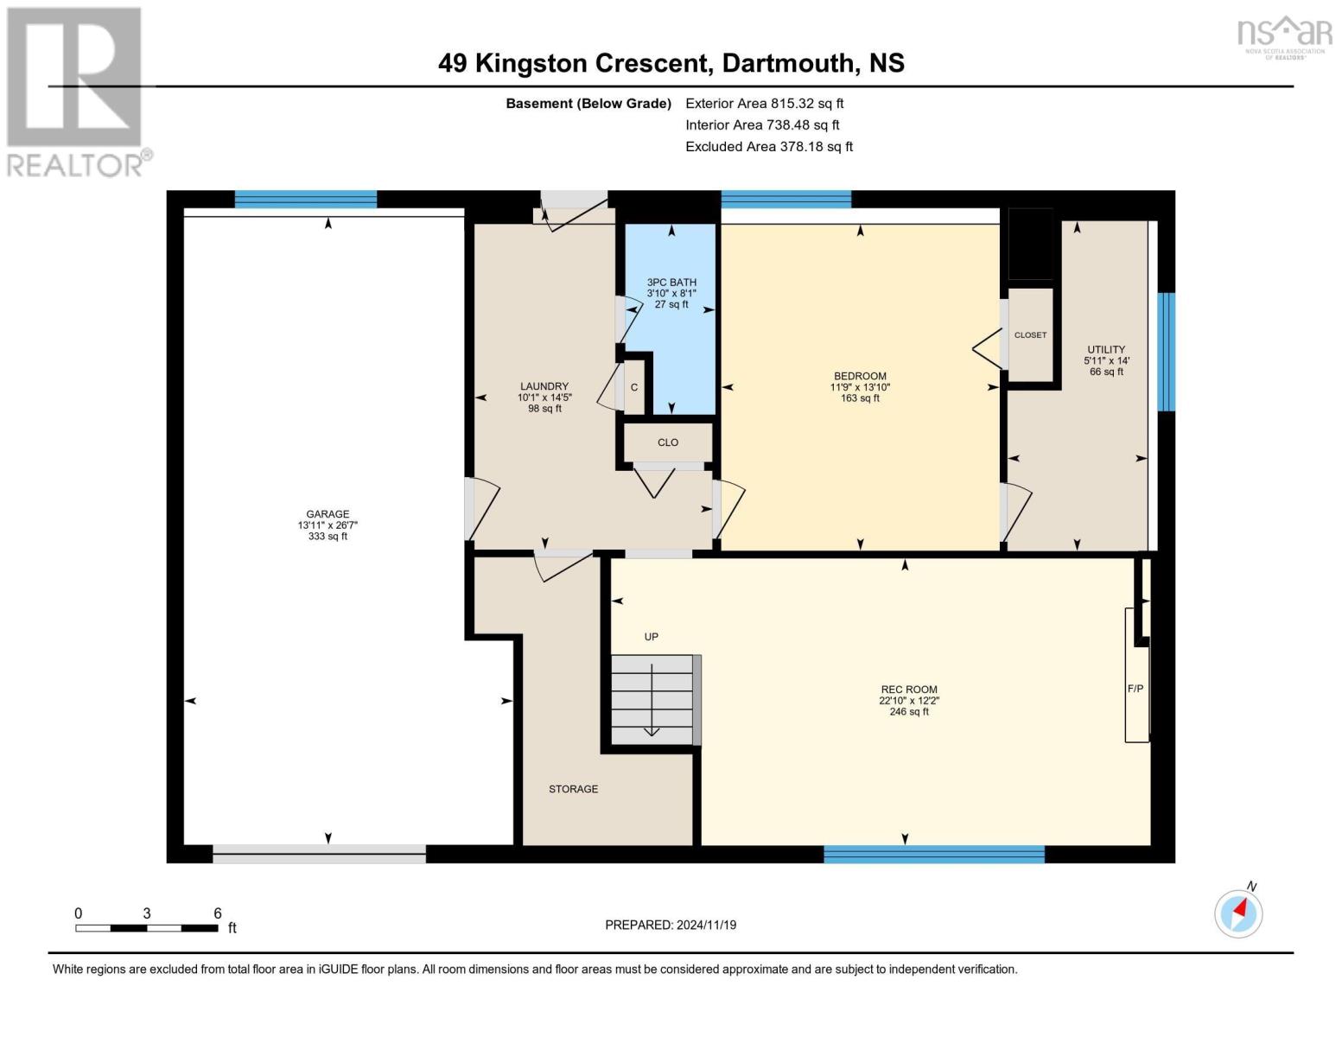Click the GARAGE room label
coord(328,514)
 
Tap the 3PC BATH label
coord(671,283)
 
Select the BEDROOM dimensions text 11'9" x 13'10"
coord(860,387)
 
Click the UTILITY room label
coord(1106,350)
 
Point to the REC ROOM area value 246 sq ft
coord(909,711)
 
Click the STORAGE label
coord(573,789)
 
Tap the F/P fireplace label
coord(1135,689)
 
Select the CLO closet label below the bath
coord(668,442)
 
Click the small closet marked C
coord(635,387)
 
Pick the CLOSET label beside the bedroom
coord(1030,334)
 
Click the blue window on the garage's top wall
coord(306,199)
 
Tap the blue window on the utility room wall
coord(1166,352)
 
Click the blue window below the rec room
coord(934,854)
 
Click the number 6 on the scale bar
coord(218,913)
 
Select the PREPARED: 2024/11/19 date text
coord(671,925)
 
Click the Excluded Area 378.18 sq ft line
coord(769,146)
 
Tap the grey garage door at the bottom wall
coord(319,854)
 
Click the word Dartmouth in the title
coord(787,63)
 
